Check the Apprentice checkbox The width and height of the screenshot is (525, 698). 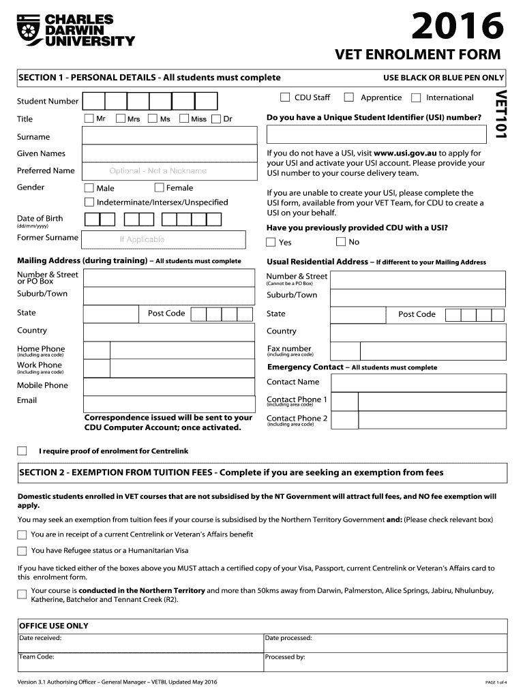[x=349, y=97]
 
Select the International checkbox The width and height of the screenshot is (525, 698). [x=416, y=97]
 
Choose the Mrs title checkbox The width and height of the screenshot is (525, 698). [x=121, y=119]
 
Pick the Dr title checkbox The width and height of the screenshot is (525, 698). [x=217, y=119]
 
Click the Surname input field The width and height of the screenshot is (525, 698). [x=164, y=136]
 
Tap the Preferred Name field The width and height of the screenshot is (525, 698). [x=164, y=170]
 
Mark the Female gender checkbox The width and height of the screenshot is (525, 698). [x=159, y=187]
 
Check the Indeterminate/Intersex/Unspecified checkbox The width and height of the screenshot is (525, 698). [x=89, y=202]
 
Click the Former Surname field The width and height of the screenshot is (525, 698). [x=164, y=239]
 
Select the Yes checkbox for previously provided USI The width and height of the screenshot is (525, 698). [x=271, y=242]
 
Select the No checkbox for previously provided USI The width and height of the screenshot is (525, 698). [x=341, y=242]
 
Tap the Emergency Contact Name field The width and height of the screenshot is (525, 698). [x=419, y=382]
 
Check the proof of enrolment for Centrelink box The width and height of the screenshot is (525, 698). [x=22, y=451]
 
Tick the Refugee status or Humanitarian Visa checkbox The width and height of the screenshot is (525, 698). [x=22, y=551]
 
